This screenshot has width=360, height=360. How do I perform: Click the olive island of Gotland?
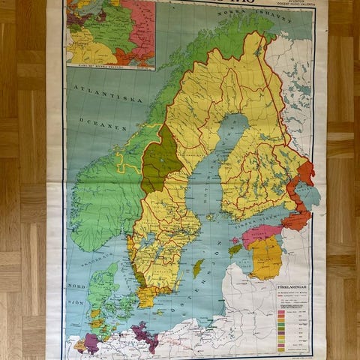198,268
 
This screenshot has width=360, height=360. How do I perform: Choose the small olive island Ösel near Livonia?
235,247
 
